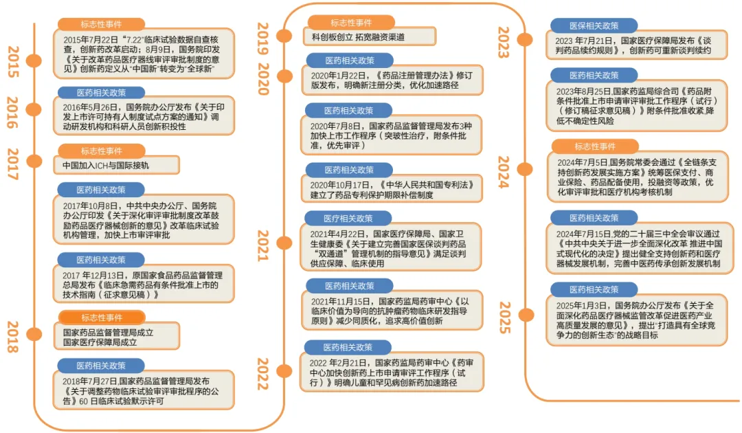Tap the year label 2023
click(504, 43)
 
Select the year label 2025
click(504, 317)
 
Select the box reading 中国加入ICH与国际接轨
click(116, 165)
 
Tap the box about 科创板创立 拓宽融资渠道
click(369, 36)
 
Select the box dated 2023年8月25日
click(637, 106)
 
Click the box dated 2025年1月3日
click(637, 320)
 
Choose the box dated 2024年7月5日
click(637, 177)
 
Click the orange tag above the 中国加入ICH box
click(101, 151)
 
